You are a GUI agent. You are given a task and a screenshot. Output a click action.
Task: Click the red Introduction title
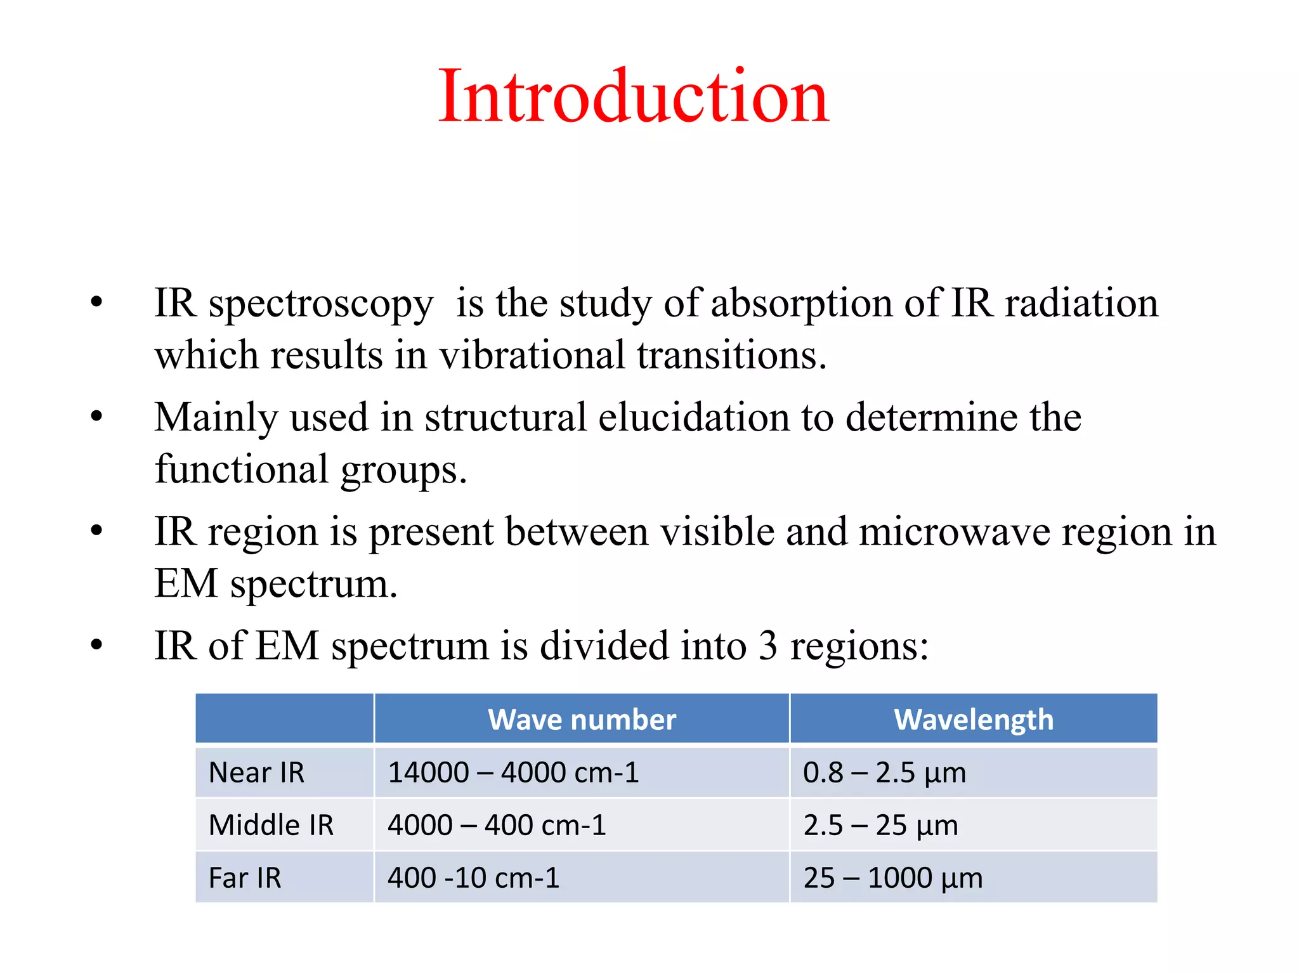tap(633, 97)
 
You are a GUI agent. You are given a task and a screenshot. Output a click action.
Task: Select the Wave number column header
tap(582, 720)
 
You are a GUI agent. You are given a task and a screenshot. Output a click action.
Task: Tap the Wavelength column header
tap(973, 720)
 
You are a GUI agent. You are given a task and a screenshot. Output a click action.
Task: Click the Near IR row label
tap(256, 773)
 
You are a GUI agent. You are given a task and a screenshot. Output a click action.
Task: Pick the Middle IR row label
tap(271, 826)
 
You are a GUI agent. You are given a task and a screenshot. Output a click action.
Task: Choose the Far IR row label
tap(245, 878)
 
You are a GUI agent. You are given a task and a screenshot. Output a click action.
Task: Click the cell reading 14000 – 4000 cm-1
tap(513, 773)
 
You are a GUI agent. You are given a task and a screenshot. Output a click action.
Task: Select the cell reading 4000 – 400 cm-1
tap(497, 826)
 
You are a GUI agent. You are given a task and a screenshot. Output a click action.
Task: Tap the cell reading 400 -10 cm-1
tap(473, 878)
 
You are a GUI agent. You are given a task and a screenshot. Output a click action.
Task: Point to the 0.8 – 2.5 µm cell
tap(884, 773)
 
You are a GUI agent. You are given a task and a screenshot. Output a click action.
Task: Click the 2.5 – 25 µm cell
tap(880, 826)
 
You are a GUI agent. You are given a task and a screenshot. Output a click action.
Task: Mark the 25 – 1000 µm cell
tap(892, 878)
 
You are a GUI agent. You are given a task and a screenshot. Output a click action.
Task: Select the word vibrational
tap(532, 355)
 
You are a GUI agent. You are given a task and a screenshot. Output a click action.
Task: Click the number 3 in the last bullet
tap(767, 646)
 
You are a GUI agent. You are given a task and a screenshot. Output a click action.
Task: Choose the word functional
tap(242, 470)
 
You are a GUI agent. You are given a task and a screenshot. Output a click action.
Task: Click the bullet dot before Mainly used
tap(96, 417)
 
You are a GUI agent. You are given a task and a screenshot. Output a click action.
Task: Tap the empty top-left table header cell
tap(284, 718)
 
